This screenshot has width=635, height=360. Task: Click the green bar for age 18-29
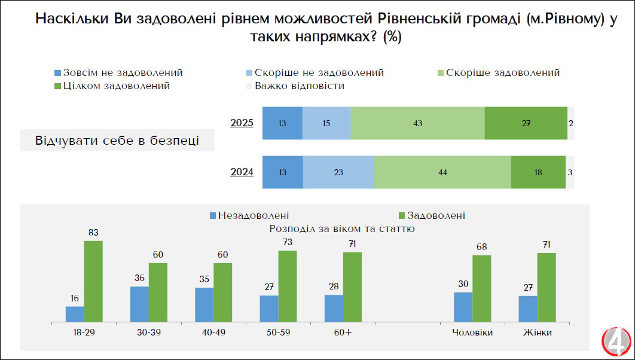tap(93, 281)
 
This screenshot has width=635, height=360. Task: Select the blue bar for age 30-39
tap(139, 304)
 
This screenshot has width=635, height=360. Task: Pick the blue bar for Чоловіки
tap(463, 307)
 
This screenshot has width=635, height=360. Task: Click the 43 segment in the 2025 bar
tap(417, 123)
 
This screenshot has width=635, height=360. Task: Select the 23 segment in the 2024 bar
tap(338, 172)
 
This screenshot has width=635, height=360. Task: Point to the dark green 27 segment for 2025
tap(526, 123)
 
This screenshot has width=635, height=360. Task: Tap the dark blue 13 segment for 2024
tap(283, 172)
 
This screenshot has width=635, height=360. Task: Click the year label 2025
tap(242, 123)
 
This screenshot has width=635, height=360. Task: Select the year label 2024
tap(242, 172)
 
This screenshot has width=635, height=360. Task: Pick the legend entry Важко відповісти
tap(295, 86)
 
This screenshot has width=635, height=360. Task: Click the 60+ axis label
tap(343, 332)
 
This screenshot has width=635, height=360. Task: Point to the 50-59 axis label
tap(278, 332)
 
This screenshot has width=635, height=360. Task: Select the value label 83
tap(93, 233)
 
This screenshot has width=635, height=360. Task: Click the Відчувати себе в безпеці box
tap(117, 141)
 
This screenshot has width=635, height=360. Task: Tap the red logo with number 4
tap(616, 341)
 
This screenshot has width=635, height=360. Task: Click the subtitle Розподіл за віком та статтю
tap(342, 228)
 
